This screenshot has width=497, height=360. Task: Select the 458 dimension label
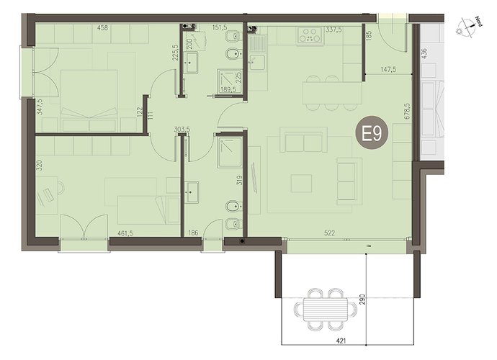[102, 28]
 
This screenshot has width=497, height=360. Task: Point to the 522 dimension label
[330, 233]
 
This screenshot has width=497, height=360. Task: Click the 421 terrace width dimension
[341, 341]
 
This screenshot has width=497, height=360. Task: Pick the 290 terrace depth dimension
[362, 299]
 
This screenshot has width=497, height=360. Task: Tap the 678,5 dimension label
[407, 110]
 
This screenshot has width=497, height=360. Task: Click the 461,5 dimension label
[125, 233]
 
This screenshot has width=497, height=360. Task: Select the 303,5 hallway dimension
[182, 130]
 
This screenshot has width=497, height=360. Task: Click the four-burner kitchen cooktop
[310, 35]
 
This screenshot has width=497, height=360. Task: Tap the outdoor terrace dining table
[326, 309]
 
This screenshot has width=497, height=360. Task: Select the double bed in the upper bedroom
[89, 101]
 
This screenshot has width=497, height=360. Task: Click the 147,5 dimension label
[388, 69]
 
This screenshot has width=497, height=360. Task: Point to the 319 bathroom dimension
[239, 180]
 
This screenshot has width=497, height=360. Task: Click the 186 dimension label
[193, 233]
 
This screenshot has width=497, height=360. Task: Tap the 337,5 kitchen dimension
[333, 30]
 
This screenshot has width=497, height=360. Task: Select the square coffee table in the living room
[301, 183]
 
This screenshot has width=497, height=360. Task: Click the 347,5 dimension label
[40, 107]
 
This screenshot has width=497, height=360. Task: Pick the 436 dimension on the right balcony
[425, 53]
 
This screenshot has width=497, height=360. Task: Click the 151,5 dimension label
[220, 28]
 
